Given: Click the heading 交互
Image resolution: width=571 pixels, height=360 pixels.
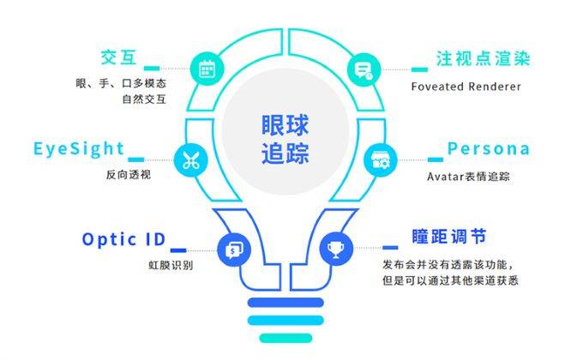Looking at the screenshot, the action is point(118,57).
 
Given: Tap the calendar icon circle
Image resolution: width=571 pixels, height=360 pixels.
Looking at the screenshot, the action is point(207,69).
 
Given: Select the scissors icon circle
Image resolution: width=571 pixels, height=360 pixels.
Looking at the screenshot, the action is point(191,159).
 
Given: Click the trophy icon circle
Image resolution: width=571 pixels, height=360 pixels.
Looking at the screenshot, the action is point(336,249).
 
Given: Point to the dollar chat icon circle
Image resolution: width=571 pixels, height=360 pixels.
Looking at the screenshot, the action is point(234,249).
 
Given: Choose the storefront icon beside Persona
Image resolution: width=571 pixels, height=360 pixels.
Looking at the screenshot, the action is point(380,159).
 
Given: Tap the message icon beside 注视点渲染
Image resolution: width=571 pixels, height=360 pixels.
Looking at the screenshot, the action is point(364,69).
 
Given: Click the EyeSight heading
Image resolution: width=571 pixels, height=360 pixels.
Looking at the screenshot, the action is point(79,149).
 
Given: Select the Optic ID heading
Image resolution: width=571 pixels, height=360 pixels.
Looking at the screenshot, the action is point(123,239).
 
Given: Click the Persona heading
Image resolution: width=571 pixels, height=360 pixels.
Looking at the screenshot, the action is point(489,149).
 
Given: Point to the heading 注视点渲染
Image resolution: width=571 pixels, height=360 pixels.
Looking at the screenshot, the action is point(483,58).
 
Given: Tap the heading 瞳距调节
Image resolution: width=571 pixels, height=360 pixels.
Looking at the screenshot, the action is point(449,237).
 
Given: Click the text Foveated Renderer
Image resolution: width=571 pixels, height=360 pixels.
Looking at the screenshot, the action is point(466,87).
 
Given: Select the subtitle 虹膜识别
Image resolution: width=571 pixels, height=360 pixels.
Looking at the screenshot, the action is point(171,265).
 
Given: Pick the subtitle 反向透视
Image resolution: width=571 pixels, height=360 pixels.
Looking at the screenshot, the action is point(129,175).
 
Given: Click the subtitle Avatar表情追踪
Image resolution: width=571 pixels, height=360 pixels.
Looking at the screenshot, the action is point(468,177).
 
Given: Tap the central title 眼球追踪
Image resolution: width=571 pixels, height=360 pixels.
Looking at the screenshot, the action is point(285,139).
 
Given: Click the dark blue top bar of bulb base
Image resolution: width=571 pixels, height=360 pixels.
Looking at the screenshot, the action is point(285,303).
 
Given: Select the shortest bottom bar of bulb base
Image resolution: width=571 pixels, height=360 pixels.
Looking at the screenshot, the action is point(285,339).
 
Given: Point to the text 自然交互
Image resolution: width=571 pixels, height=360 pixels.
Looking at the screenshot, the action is point(144,99).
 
